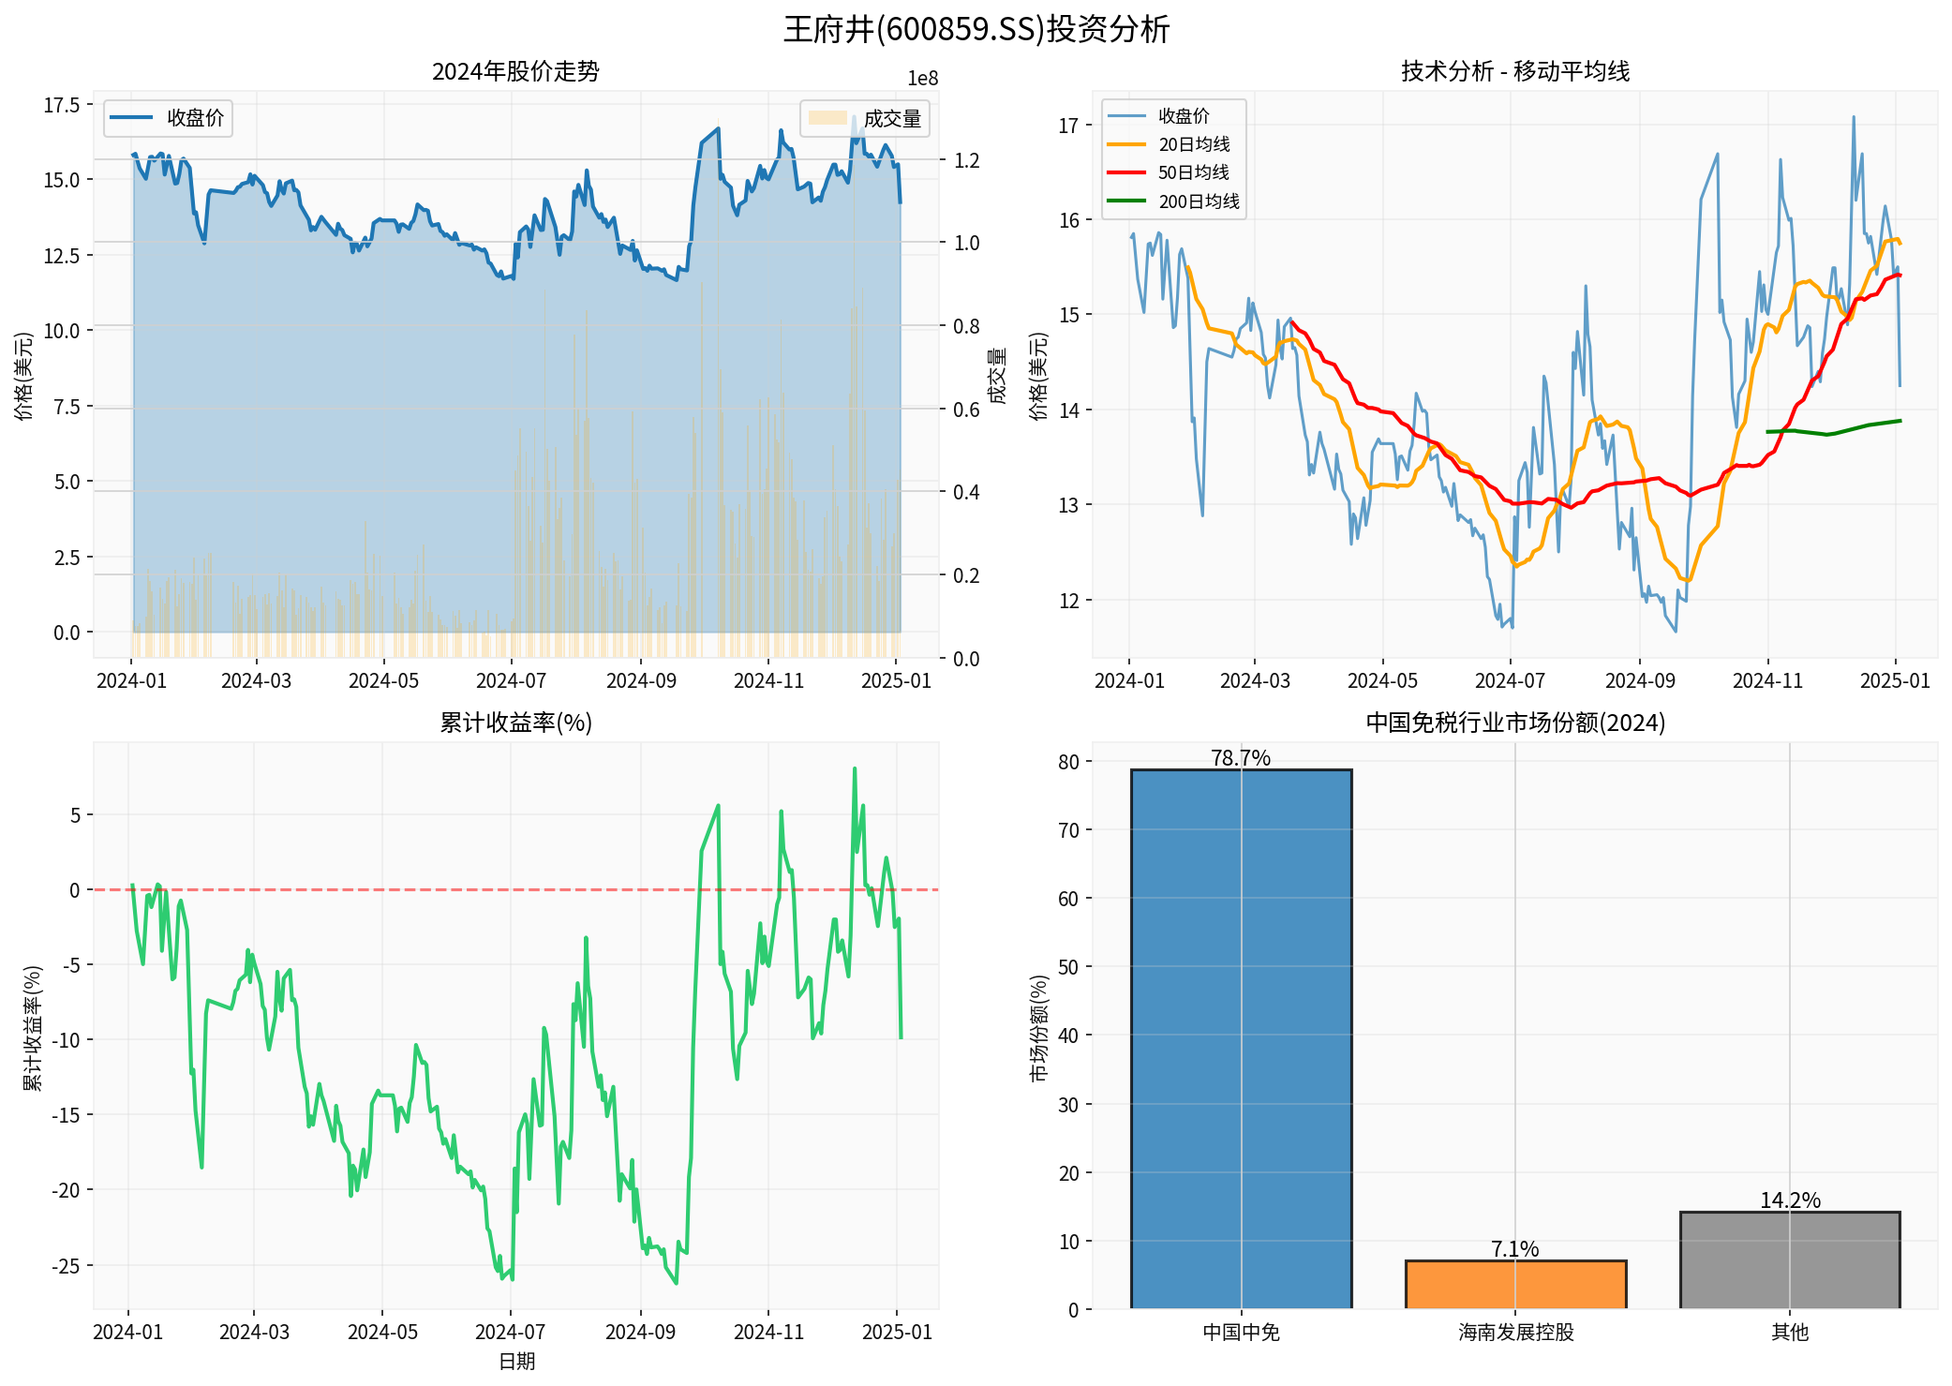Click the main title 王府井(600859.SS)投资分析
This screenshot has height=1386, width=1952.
[x=976, y=29]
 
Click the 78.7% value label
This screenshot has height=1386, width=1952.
[x=1240, y=757]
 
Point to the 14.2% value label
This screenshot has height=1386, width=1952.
[x=1789, y=1200]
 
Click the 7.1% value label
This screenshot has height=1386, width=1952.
[x=1514, y=1248]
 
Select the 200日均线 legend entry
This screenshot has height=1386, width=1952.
[x=1198, y=201]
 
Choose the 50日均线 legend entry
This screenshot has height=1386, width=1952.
[x=1193, y=172]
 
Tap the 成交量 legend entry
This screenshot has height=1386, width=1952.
[x=891, y=119]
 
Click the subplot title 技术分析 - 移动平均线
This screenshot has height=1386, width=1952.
[x=1514, y=71]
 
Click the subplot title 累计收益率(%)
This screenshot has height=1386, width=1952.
[x=515, y=723]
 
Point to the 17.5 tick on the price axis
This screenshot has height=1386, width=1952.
[x=62, y=105]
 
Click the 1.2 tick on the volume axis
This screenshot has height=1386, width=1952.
[x=966, y=160]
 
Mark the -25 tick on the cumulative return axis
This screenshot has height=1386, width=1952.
[x=66, y=1266]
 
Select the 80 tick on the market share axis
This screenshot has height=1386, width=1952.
[x=1068, y=762]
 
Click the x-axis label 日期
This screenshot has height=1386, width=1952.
[x=515, y=1361]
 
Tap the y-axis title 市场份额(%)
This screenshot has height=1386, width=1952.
[x=1038, y=1028]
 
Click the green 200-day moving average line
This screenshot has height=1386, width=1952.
[x=1827, y=433]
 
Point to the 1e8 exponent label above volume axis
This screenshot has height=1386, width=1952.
[x=922, y=79]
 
